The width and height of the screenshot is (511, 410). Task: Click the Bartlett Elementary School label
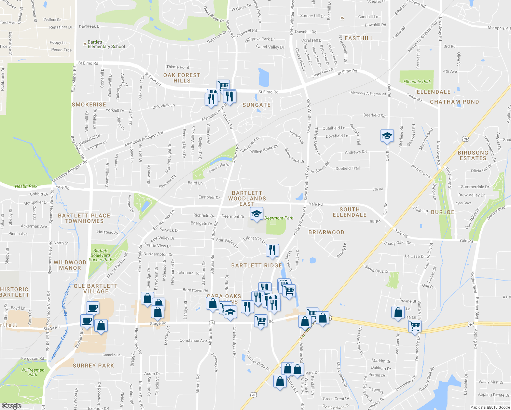[x=106, y=44]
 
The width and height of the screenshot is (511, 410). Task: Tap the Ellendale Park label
[x=417, y=82]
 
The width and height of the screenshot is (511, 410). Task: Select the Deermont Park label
[x=278, y=218]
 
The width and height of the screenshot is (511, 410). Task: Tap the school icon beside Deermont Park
[x=257, y=214]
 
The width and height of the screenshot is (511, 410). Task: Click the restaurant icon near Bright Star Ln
[x=272, y=250]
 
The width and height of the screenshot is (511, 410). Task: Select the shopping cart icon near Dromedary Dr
[x=415, y=326]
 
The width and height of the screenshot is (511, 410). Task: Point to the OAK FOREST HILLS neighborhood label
[x=182, y=78]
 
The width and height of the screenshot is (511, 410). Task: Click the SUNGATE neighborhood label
[x=257, y=105]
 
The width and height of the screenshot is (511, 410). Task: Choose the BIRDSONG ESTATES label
[x=473, y=155]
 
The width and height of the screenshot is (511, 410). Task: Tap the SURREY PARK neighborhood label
[x=93, y=366]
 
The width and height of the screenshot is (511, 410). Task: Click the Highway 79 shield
[x=466, y=139]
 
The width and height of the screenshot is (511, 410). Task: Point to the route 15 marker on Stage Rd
[x=212, y=323]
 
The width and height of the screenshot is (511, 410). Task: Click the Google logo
[x=12, y=406]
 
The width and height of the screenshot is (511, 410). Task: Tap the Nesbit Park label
[x=26, y=186]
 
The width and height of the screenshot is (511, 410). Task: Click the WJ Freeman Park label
[x=33, y=372]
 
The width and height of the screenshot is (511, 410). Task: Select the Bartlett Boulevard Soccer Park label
[x=101, y=255]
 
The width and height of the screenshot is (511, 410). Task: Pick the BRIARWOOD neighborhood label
[x=326, y=232]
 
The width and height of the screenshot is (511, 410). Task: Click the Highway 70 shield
[x=253, y=395]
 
